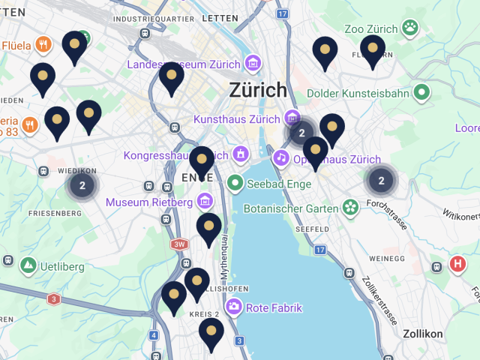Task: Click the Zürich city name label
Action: pos(258,90)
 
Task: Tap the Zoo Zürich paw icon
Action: pos(409,28)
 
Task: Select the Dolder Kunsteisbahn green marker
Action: pos(421,93)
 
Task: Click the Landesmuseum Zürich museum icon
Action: pos(253,64)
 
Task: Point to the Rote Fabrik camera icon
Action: pos(234,306)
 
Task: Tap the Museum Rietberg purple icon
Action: pos(204,202)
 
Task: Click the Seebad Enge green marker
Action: pos(235,181)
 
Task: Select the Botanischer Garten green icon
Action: pos(349,206)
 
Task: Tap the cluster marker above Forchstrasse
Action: pos(381,180)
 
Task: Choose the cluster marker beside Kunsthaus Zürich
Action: pos(301,133)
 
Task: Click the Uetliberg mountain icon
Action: pos(28,265)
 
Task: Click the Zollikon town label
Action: pos(423,334)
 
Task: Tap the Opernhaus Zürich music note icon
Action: pos(280,157)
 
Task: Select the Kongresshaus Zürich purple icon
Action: pos(241,155)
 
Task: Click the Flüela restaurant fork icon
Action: pos(43,45)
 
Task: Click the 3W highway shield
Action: pos(178,244)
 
